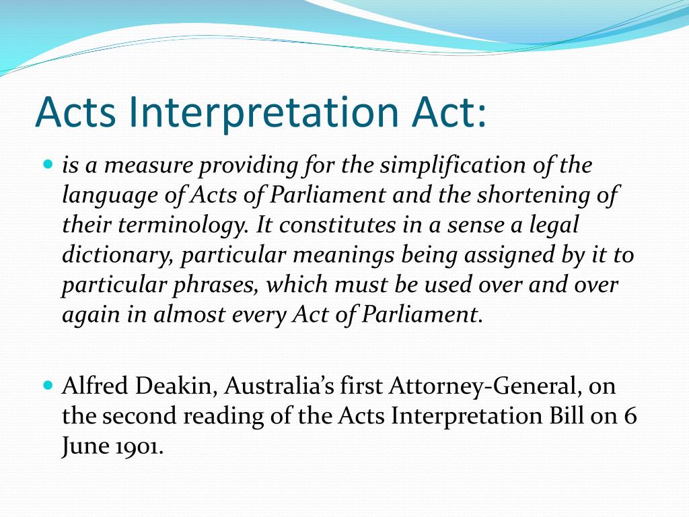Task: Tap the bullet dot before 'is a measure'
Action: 47,164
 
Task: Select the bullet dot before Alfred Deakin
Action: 47,386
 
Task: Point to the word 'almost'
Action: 188,314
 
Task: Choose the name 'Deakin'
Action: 180,386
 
